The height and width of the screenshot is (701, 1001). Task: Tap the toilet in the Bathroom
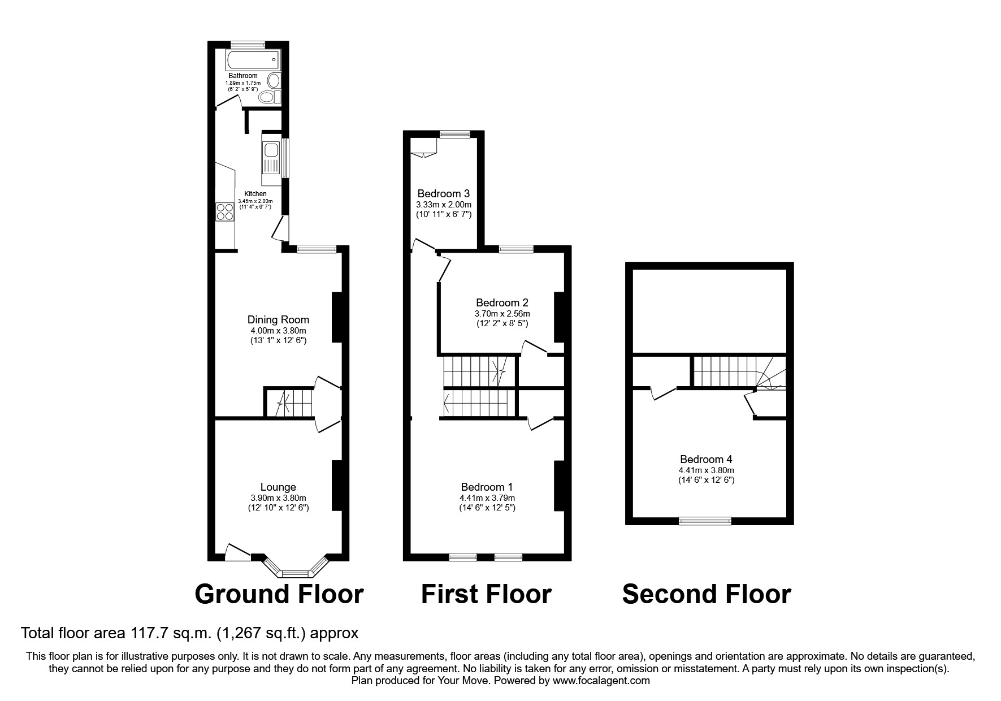pos(269,97)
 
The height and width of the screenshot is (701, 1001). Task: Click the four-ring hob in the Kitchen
pos(224,211)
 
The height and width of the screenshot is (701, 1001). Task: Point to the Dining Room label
pos(278,320)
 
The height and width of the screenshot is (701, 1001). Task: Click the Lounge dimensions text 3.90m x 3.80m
pos(278,498)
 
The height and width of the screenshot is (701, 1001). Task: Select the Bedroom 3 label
pos(444,194)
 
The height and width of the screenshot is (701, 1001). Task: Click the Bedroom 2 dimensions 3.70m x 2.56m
pos(502,313)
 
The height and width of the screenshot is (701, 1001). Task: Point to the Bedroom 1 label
pos(487,487)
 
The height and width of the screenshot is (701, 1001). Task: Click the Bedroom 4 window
pos(705,521)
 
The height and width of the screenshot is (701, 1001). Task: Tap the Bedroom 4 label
pos(706,459)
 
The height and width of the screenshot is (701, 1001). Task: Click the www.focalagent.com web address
pos(601,681)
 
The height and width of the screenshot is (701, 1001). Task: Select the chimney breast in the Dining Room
pos(337,317)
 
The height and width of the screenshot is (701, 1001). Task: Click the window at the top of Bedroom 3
pos(455,134)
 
